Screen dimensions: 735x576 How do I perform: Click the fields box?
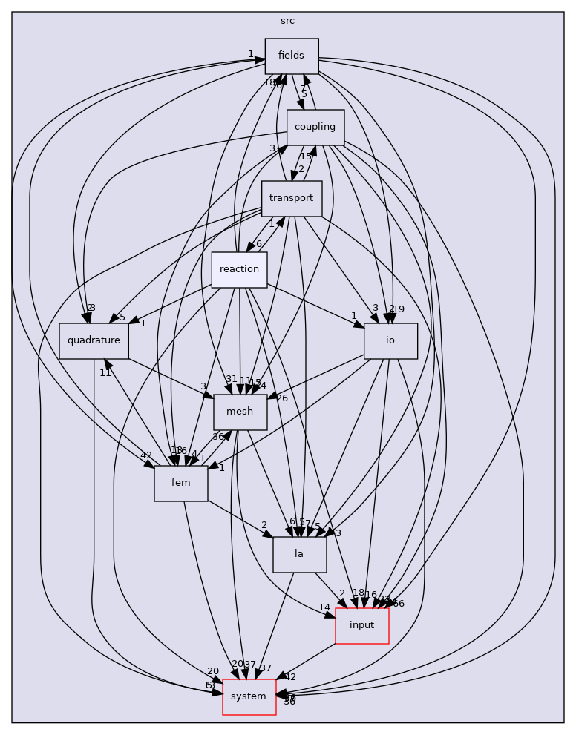[292, 56]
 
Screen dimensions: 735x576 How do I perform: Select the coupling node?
[315, 128]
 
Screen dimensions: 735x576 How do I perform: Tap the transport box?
[292, 199]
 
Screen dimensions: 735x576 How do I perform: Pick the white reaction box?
[239, 270]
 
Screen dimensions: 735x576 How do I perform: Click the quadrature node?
[94, 341]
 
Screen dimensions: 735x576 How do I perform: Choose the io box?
[390, 341]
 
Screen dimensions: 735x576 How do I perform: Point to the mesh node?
[240, 412]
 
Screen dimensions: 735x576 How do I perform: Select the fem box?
[181, 484]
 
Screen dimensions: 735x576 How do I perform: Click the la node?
[299, 555]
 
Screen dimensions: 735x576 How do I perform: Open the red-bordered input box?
[361, 626]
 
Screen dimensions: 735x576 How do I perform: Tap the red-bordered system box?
[249, 697]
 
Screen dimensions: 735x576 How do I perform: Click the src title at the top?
[287, 21]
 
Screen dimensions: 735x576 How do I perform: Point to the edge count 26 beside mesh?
[282, 399]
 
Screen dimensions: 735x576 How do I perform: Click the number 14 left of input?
[324, 607]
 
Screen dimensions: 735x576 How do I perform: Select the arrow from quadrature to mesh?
[171, 374]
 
